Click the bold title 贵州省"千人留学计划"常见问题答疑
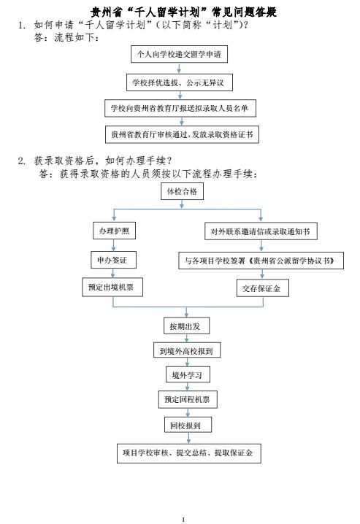[x=183, y=12]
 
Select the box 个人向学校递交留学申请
[x=179, y=54]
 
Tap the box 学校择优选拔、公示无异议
[x=180, y=82]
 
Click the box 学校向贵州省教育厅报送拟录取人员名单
[x=180, y=108]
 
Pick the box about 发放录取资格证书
[x=182, y=134]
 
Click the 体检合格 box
[x=182, y=191]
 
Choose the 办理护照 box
[x=115, y=231]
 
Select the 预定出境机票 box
[x=112, y=287]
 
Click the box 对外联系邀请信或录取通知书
[x=261, y=231]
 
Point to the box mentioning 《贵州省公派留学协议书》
[x=261, y=261]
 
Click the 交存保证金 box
[x=263, y=288]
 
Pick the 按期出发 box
[x=186, y=325]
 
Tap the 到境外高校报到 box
[x=187, y=350]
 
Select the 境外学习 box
[x=188, y=374]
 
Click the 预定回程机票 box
[x=188, y=399]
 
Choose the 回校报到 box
[x=188, y=425]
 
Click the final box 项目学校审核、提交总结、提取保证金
[x=189, y=453]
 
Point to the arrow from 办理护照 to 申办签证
[x=114, y=245]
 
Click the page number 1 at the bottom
[x=183, y=519]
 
